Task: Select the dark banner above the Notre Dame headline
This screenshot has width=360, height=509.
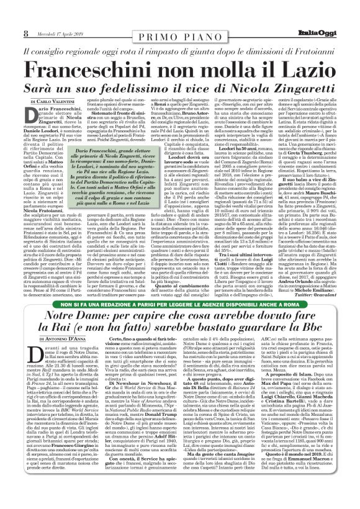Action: pos(180,304)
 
